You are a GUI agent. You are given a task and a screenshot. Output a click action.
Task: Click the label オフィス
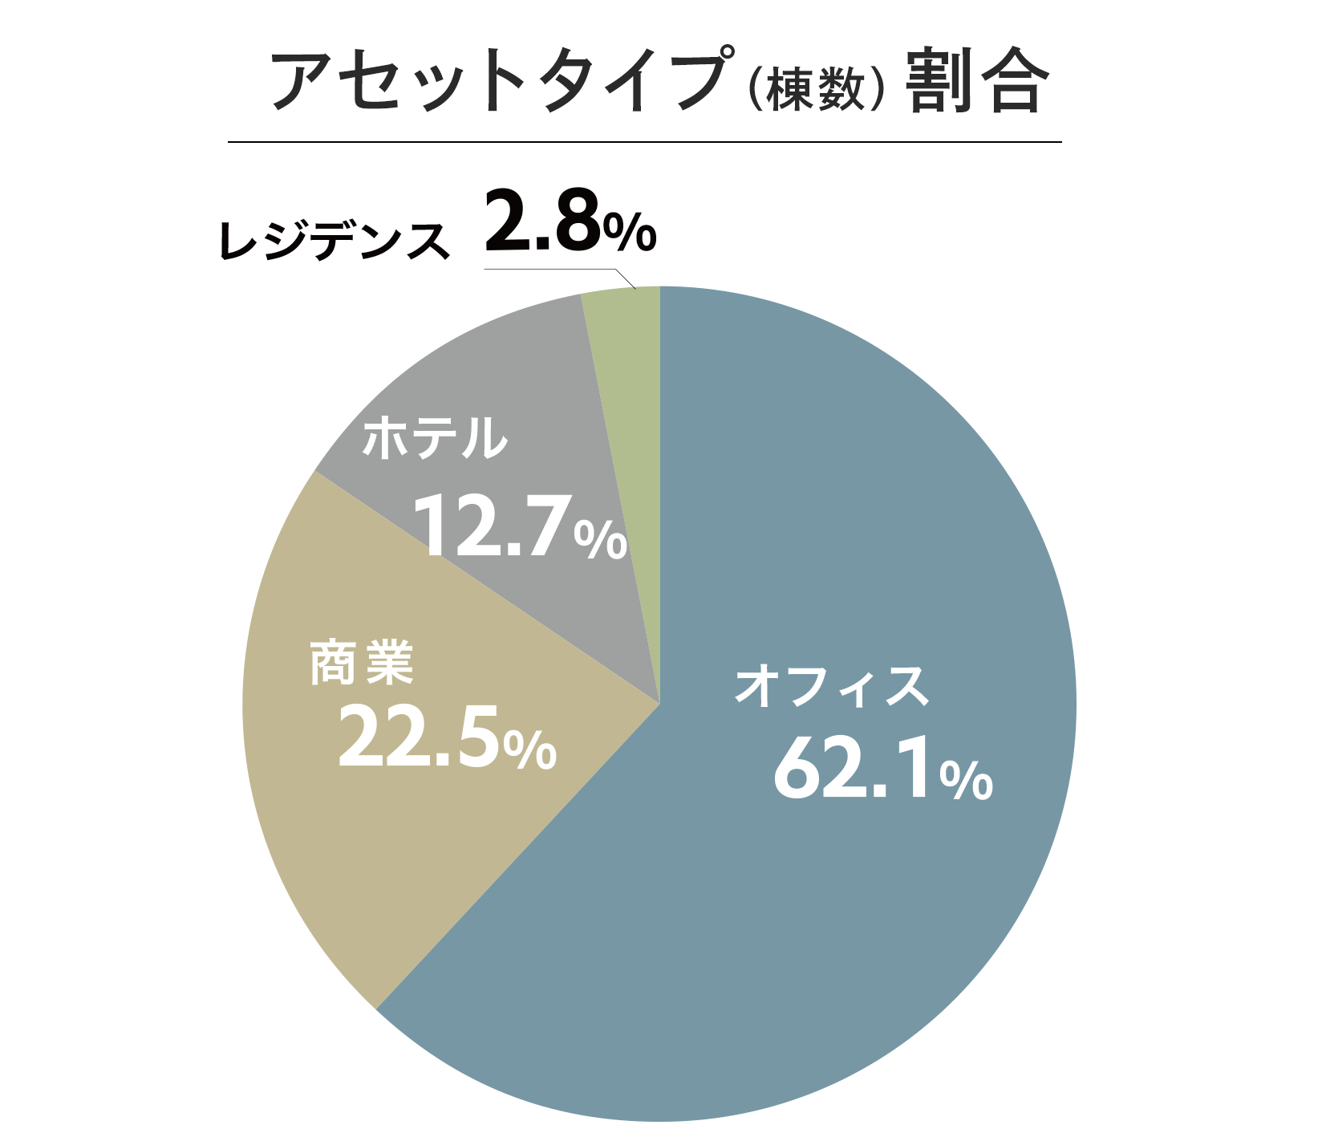tap(831, 686)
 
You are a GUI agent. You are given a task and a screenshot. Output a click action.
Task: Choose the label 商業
tap(362, 663)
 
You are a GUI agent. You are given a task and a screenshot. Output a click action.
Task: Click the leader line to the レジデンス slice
tap(562, 270)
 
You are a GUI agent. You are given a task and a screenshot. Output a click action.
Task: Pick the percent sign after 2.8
tap(630, 232)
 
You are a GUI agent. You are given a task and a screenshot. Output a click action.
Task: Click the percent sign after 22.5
tap(530, 749)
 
